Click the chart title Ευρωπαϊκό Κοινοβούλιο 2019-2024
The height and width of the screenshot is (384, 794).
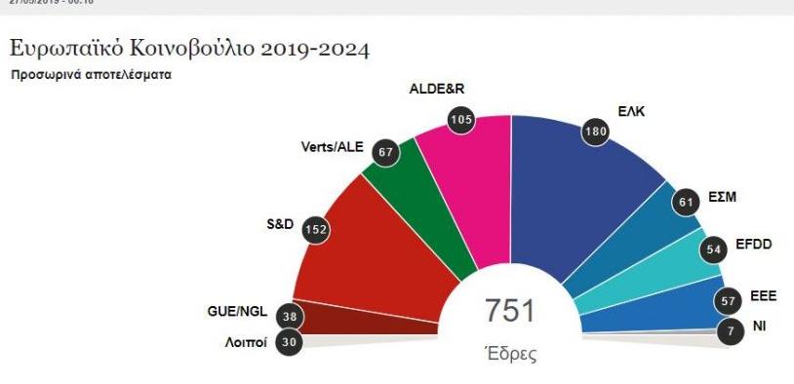(189, 48)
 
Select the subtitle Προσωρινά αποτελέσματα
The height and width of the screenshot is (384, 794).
(91, 74)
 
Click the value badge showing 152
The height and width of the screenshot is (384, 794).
(315, 229)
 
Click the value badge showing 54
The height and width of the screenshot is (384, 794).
(714, 250)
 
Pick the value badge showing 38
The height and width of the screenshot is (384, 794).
(287, 315)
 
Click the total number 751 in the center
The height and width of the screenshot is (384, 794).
(509, 311)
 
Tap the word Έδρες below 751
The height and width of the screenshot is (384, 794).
(510, 353)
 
